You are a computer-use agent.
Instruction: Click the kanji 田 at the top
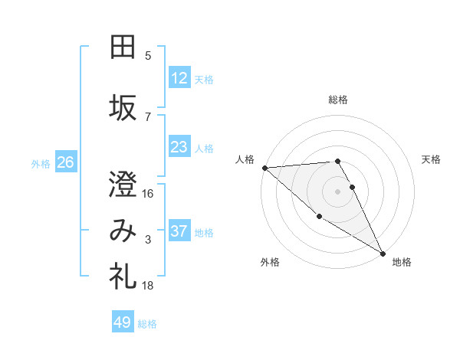point(123,47)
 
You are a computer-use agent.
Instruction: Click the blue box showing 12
point(179,78)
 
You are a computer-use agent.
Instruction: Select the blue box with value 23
point(179,147)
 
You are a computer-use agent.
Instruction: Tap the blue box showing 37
point(179,231)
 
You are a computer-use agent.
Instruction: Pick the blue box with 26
point(65,162)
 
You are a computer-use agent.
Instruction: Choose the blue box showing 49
point(123,322)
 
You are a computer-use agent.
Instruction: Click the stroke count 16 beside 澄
point(148,194)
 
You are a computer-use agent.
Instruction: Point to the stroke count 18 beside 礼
point(148,285)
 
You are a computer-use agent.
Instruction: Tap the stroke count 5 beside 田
point(148,56)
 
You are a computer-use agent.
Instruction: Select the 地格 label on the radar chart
point(402,262)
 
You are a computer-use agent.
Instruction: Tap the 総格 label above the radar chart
point(338,100)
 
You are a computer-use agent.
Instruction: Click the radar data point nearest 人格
point(264,168)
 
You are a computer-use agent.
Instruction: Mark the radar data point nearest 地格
point(383,253)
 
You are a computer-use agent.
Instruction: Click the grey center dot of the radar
point(337,191)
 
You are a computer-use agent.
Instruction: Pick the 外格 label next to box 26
point(41,163)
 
